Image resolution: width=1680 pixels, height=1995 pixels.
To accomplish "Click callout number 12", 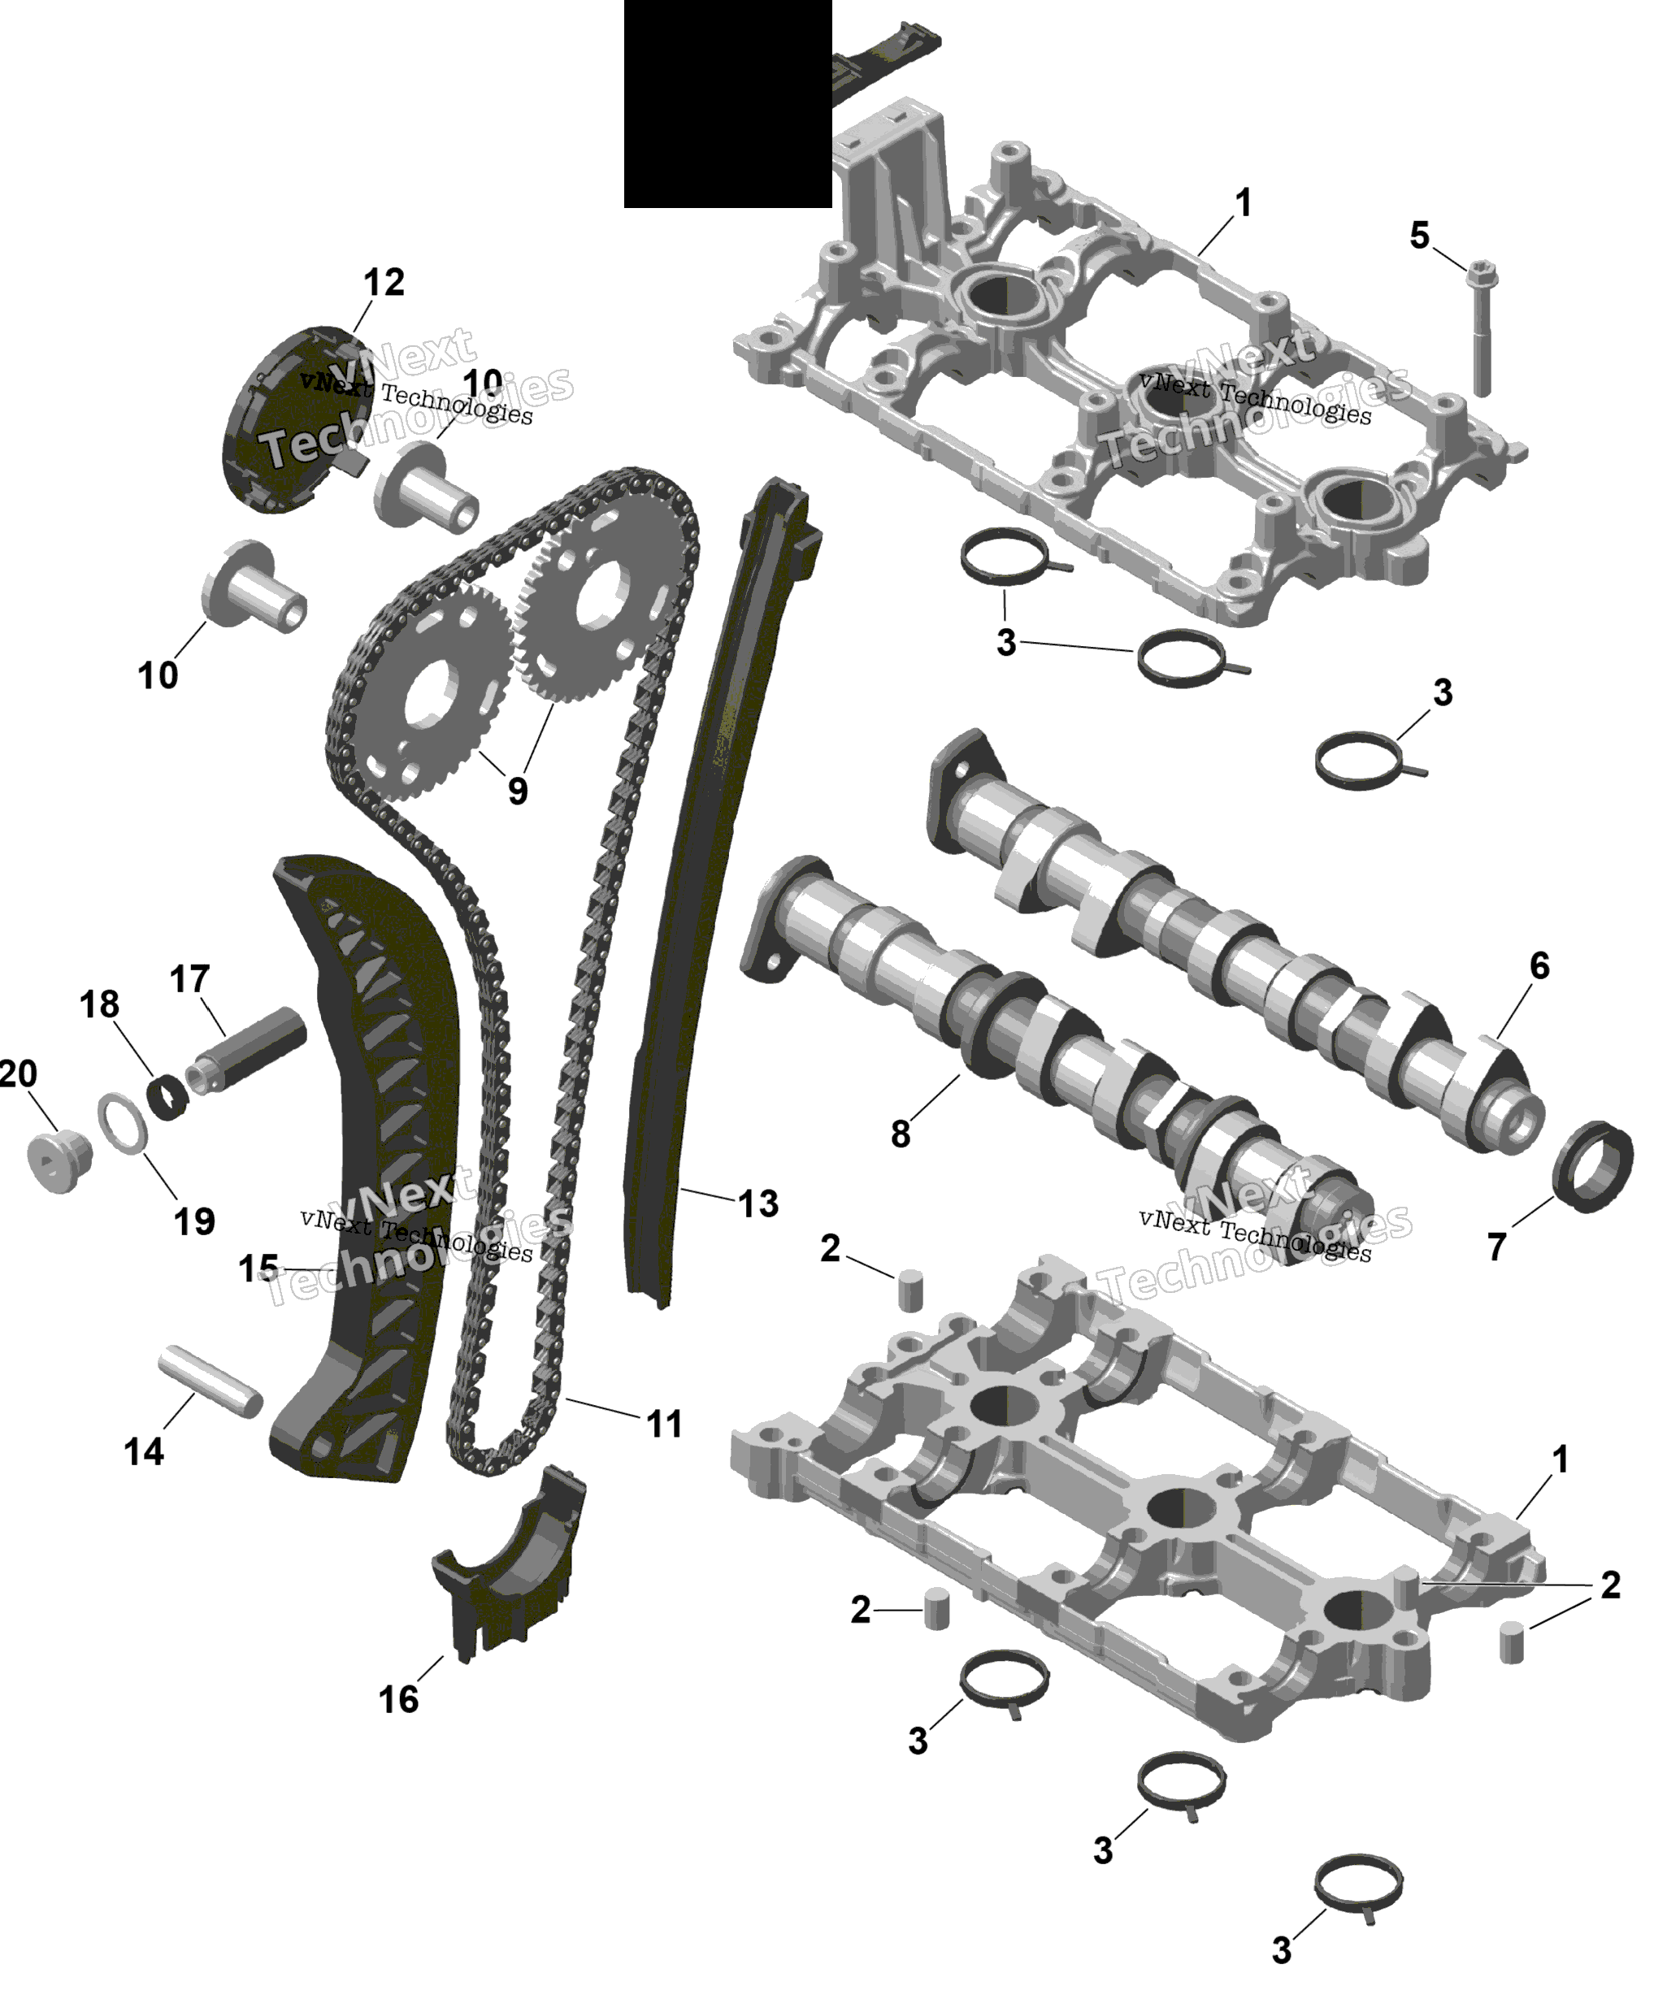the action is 384,282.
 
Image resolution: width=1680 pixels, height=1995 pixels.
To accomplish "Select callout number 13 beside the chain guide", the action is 758,1204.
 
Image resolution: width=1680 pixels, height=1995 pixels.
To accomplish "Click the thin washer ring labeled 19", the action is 123,1123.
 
